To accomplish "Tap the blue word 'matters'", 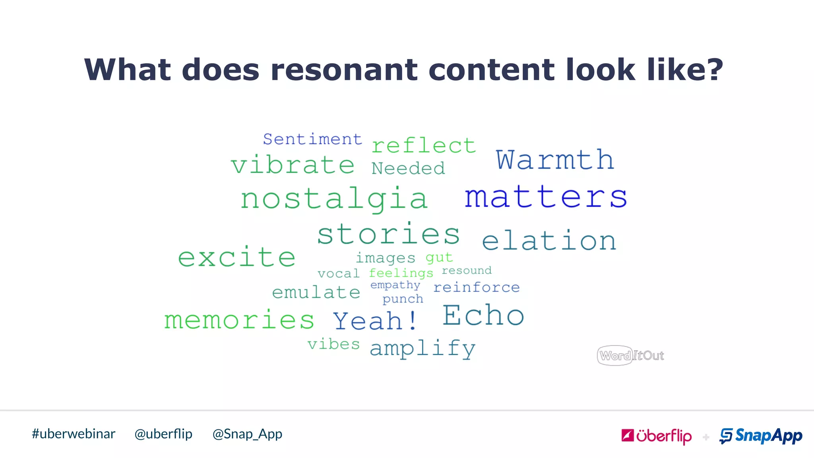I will [x=546, y=197].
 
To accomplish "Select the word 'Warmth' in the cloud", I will [x=555, y=160].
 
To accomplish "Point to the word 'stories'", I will [x=388, y=234].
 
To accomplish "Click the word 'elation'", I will [x=549, y=241].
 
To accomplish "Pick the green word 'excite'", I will [x=236, y=257].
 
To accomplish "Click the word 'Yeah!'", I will [x=375, y=321].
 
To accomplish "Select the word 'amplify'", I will [x=423, y=348].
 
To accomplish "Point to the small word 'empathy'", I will [x=395, y=285].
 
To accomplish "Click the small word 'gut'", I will [x=439, y=258].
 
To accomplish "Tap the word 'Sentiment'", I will [x=312, y=139].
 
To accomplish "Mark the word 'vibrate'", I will [x=293, y=165].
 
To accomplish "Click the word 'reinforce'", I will [x=476, y=287].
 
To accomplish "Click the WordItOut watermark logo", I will [x=631, y=355].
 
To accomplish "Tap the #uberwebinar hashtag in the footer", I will [x=74, y=434].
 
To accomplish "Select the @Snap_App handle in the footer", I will [x=247, y=434].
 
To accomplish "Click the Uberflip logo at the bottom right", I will [x=656, y=436].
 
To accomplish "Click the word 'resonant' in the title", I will [x=344, y=70].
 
